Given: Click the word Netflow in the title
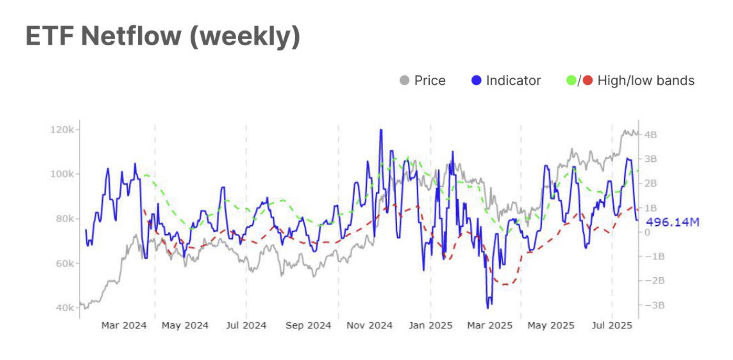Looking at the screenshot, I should coord(131,36).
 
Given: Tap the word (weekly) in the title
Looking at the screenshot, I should coord(245,37).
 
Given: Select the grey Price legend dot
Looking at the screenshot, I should coord(404,80).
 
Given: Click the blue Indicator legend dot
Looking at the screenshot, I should coord(476,80).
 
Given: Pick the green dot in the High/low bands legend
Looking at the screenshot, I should coord(571,80).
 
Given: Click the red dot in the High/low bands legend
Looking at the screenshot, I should coord(588,80).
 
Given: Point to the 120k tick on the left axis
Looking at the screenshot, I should coord(62,130).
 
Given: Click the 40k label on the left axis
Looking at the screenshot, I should coord(65,308).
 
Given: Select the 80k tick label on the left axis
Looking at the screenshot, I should coord(65,219).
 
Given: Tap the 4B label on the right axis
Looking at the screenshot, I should coord(650,135).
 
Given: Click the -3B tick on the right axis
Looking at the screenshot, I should coord(655,305).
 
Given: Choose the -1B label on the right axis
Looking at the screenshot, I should coord(655,256).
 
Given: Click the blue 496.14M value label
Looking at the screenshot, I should coord(672,222).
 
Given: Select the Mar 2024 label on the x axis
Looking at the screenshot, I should coord(124,326).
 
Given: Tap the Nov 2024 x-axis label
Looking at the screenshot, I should coord(369,326).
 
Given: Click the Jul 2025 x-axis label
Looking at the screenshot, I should coord(612,326).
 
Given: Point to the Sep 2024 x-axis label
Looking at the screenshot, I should coord(308,326).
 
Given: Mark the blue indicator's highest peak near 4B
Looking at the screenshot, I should coord(381,130).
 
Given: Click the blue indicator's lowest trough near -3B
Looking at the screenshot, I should coord(488,307).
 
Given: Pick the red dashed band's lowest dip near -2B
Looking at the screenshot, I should coord(505,284).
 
